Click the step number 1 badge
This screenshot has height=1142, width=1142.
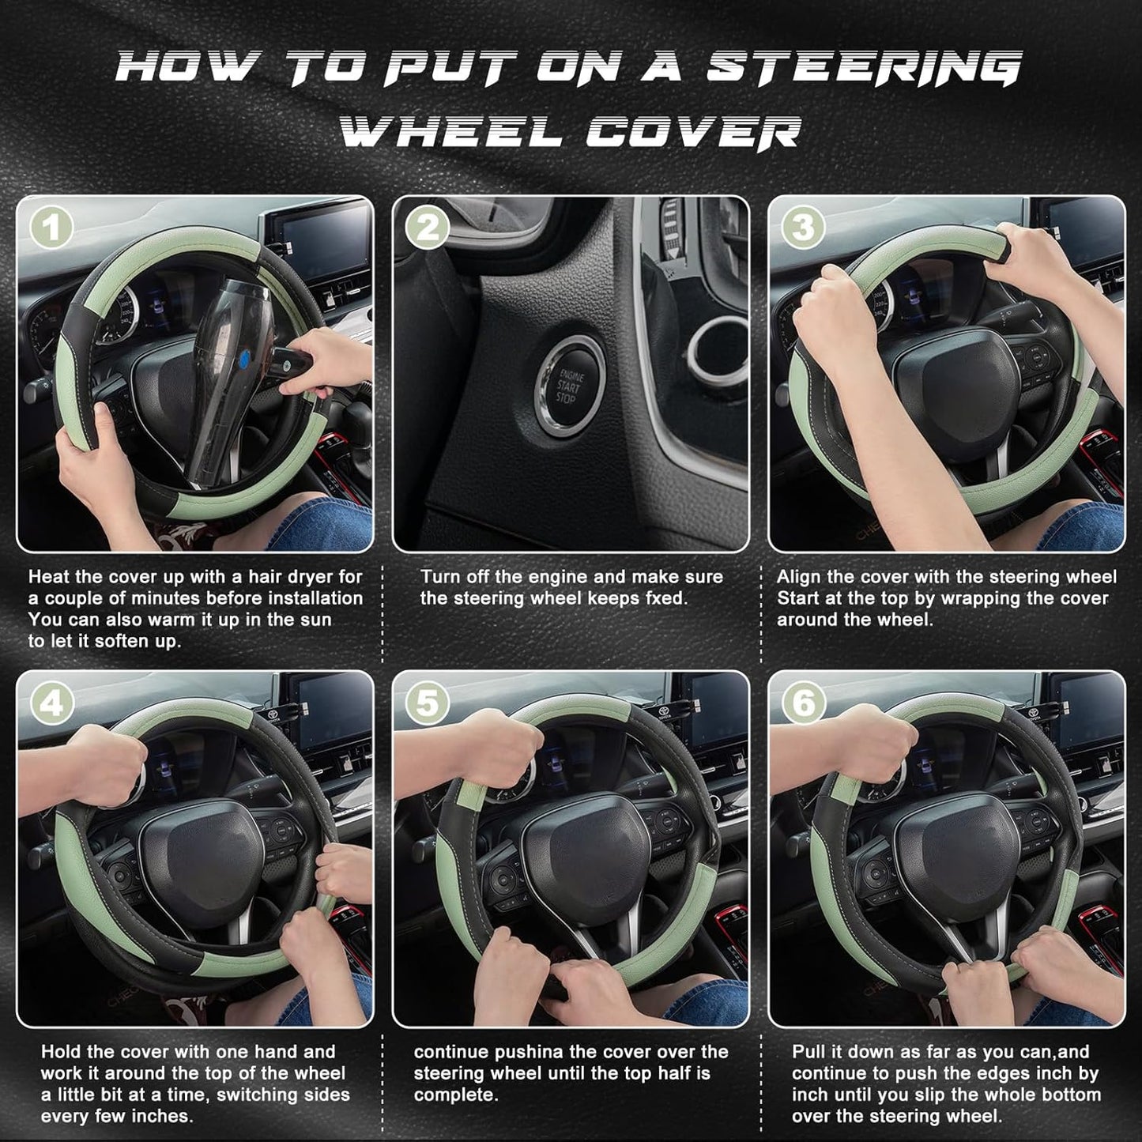[52, 229]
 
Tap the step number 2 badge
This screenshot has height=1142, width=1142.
[428, 229]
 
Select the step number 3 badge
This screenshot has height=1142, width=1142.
[803, 229]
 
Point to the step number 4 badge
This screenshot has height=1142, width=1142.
[52, 703]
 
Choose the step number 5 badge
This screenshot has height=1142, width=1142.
[428, 703]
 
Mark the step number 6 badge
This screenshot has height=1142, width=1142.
[803, 703]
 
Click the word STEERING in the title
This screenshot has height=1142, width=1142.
[864, 68]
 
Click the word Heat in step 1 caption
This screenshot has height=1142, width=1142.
[51, 577]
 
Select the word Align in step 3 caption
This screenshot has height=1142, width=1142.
[800, 577]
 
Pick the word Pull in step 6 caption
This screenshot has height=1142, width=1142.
[810, 1052]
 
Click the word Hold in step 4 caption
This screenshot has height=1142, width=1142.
[60, 1052]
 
